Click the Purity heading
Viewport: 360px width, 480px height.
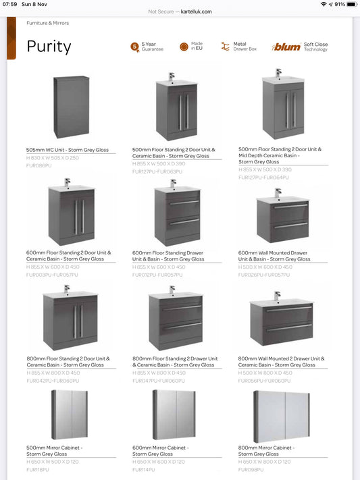tap(49, 47)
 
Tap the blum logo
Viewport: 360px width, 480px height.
tap(286, 47)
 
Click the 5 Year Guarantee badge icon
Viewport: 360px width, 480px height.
tap(135, 47)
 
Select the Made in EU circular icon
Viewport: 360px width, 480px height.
tap(184, 47)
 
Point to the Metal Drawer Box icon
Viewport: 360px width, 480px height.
tap(226, 47)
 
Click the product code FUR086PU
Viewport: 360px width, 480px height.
tap(38, 165)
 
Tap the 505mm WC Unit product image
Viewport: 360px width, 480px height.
tap(71, 107)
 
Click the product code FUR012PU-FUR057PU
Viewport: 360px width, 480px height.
tap(157, 275)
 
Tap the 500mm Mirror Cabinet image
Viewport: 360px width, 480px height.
tap(70, 416)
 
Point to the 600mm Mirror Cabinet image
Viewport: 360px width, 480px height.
tap(174, 416)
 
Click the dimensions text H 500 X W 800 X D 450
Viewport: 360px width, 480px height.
tap(265, 373)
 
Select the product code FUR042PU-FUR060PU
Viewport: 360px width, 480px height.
tap(51, 381)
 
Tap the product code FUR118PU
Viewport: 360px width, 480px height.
tap(38, 469)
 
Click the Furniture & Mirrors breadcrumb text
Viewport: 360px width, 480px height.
tap(47, 23)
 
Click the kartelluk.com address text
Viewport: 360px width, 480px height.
tap(197, 11)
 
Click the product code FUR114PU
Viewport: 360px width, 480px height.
tap(143, 469)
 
